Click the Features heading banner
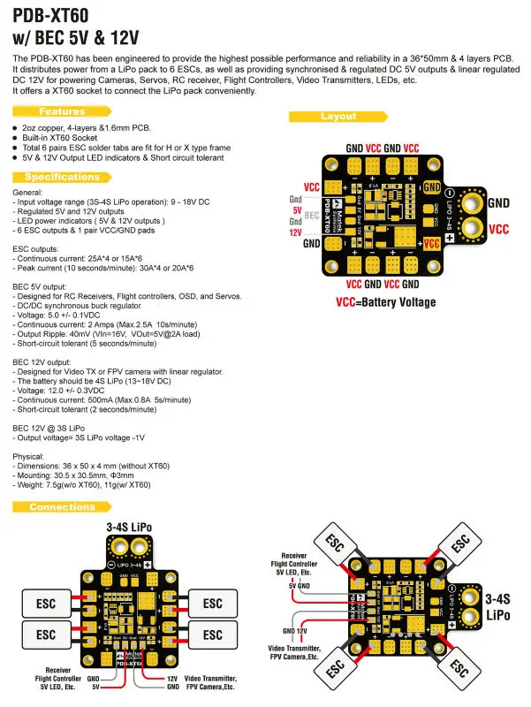click(x=62, y=112)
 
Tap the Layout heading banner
click(x=338, y=117)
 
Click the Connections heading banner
click(x=62, y=507)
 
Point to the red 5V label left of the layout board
click(x=297, y=209)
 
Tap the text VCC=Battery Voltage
click(x=385, y=302)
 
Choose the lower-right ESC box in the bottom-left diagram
click(x=213, y=635)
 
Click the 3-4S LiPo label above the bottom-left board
click(x=128, y=527)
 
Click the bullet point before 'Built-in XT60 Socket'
click(x=16, y=139)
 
